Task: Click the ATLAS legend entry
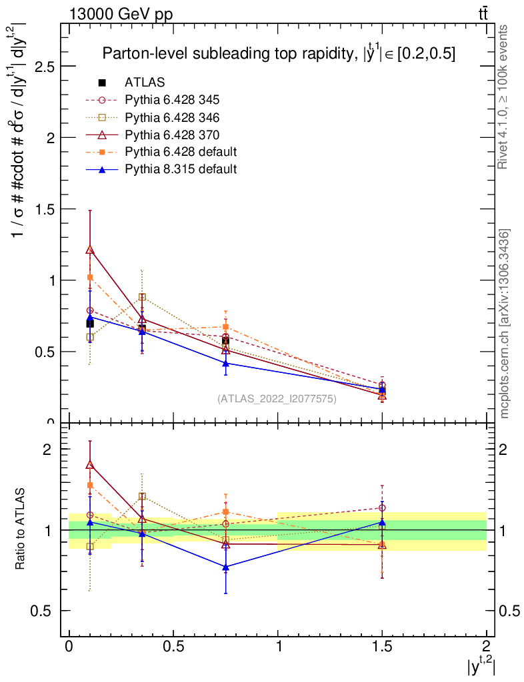(144, 83)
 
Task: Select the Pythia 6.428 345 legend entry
(172, 100)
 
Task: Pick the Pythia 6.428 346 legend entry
(172, 117)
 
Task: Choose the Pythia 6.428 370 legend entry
(172, 135)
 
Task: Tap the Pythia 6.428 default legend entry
(181, 152)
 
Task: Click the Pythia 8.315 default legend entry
(181, 169)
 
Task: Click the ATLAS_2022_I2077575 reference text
(277, 399)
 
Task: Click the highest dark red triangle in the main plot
(90, 250)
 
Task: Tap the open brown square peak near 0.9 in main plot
(142, 297)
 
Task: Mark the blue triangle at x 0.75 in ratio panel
(225, 567)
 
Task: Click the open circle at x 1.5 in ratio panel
(382, 508)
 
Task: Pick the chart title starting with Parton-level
(279, 55)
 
